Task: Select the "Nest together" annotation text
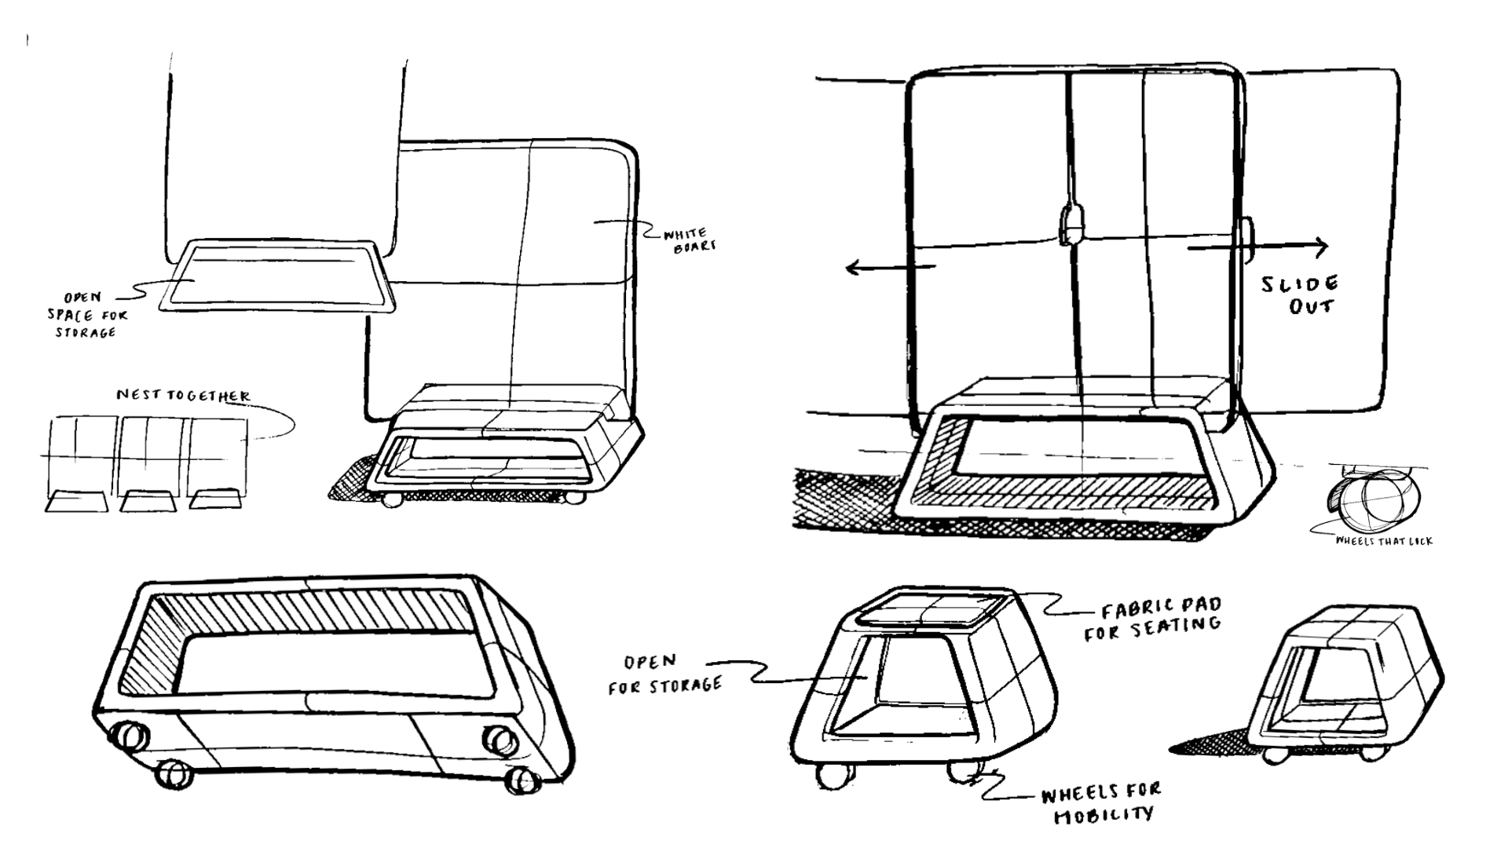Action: [x=184, y=395]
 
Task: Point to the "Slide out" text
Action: [x=1301, y=294]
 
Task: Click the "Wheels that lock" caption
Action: [x=1383, y=541]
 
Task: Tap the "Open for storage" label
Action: [x=664, y=674]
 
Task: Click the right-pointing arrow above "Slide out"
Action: [x=1257, y=248]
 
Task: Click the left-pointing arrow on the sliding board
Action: [x=890, y=269]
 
